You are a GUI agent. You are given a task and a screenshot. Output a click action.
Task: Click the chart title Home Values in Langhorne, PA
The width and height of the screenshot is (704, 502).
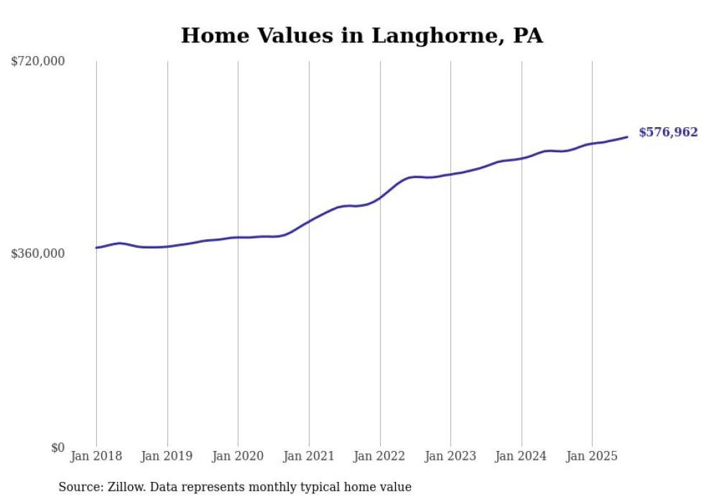coord(361,36)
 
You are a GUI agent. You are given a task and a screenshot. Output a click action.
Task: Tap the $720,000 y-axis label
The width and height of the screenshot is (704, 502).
coord(38,62)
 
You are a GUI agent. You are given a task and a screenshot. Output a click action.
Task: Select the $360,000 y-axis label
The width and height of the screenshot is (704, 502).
coord(38,254)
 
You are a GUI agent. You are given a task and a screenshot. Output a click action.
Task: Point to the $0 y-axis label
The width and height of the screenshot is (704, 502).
coord(57,447)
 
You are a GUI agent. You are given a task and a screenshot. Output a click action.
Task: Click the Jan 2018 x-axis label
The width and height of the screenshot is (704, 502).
coord(96,456)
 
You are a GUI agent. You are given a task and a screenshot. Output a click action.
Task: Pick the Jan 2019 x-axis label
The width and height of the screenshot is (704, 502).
coord(167,456)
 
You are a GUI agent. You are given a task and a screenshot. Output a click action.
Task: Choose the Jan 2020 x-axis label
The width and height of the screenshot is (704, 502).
coord(238,456)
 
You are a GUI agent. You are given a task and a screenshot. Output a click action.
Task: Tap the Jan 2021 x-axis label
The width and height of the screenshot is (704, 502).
coord(309,456)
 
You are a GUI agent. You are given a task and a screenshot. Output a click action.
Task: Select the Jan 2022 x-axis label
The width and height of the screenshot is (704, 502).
coord(379,456)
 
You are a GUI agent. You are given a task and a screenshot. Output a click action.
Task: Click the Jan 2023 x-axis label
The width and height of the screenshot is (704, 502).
coord(450,456)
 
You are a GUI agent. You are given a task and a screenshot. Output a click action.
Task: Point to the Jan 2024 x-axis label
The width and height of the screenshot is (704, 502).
coord(522,456)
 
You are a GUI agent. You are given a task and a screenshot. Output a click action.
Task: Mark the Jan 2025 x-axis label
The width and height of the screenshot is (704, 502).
coord(592,456)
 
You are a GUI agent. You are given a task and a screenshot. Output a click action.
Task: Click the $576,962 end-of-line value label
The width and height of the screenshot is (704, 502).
coord(668,132)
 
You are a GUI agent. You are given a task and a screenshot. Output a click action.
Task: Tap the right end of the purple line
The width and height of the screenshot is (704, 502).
coord(627,136)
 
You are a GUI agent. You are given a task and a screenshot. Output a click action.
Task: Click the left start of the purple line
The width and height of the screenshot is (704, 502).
coord(96,248)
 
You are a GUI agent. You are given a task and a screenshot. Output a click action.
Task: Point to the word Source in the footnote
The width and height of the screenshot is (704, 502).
coord(78,487)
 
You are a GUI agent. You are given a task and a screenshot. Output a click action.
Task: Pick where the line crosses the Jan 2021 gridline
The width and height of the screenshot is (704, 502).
coord(309,221)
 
